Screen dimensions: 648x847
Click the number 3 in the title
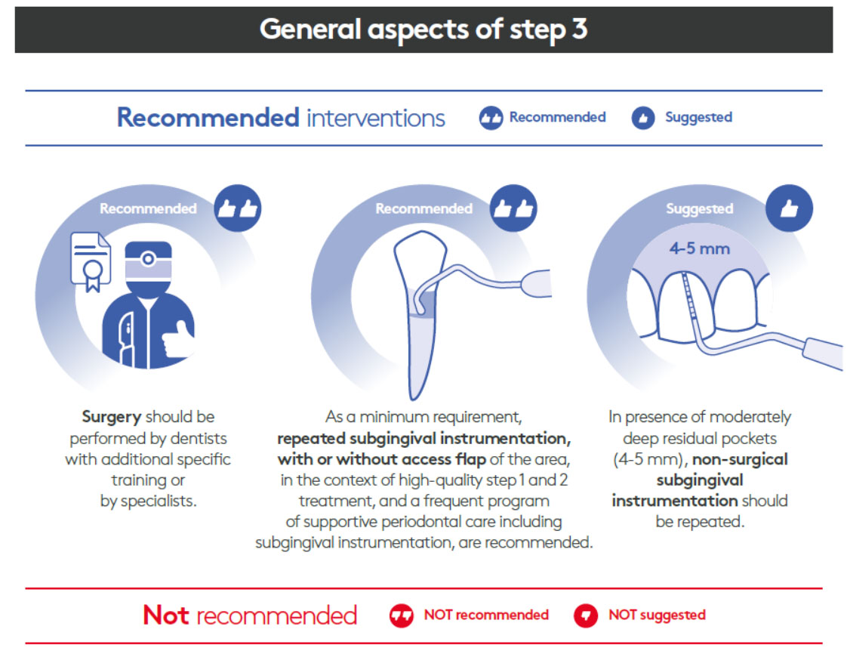[578, 29]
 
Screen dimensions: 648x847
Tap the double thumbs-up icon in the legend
[491, 118]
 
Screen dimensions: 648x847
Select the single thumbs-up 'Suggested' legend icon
[642, 118]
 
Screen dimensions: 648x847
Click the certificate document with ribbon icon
[90, 261]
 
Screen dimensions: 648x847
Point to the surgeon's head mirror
[148, 259]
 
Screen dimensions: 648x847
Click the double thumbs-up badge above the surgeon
[238, 208]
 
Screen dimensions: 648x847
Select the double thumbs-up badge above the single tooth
[513, 208]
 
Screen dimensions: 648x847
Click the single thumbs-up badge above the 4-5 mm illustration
[788, 208]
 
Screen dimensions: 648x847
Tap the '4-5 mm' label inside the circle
[699, 248]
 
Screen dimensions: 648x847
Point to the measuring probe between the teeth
[688, 302]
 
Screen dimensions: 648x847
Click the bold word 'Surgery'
[111, 417]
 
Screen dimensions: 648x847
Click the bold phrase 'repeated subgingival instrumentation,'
[423, 438]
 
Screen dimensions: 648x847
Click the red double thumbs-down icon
[402, 615]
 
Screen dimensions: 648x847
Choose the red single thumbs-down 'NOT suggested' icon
[586, 615]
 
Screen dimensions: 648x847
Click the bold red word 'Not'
[166, 615]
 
